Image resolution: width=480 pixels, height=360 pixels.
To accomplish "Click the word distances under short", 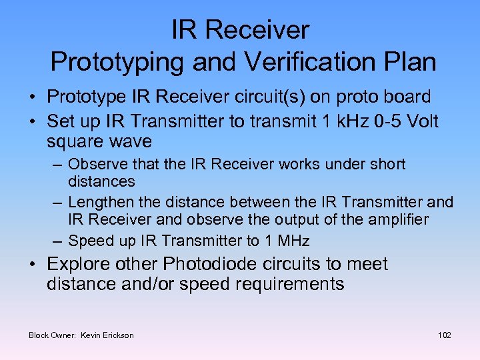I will tap(101, 181).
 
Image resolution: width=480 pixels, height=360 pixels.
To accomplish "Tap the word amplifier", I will tap(391, 219).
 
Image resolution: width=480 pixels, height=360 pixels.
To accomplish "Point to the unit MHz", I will tap(293, 241).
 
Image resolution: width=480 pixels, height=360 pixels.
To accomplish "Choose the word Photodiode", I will tap(220, 264).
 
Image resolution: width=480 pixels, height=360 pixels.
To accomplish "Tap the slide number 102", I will tap(445, 335).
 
